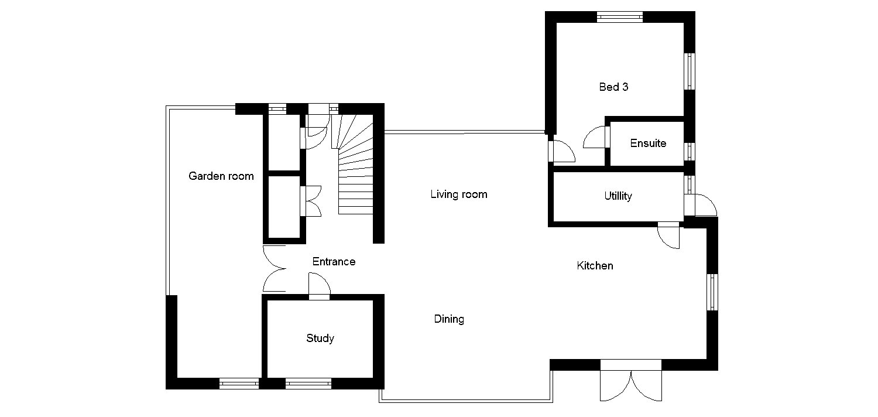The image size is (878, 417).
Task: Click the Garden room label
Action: point(221,176)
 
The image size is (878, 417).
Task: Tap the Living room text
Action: point(458,194)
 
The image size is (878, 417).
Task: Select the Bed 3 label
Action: point(613,87)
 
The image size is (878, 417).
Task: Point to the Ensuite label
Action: point(647,143)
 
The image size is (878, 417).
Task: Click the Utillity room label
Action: point(618,196)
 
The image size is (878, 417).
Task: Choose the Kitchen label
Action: point(595,266)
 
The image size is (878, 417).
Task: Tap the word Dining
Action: point(449,319)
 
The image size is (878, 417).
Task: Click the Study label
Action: point(320,338)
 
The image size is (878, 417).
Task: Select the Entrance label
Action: point(334,262)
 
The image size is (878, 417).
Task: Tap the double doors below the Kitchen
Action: point(631,384)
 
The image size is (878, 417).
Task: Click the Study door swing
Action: point(320,286)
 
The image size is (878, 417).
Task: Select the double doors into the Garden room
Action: point(273,269)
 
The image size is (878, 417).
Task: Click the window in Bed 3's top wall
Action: point(619,17)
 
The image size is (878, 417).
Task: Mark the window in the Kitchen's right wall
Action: point(712,292)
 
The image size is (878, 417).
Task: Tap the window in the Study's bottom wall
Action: point(308,384)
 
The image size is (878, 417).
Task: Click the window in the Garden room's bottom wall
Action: point(239,384)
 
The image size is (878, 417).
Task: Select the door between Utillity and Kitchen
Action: point(668,235)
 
